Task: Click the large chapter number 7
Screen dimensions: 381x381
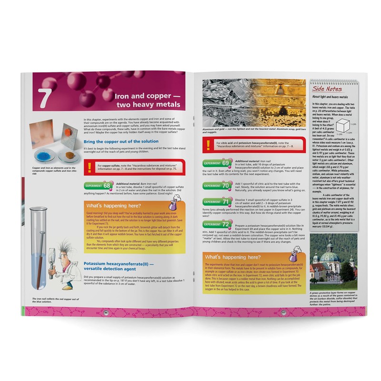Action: click(44, 97)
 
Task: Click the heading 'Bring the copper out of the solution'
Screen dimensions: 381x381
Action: click(120, 141)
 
